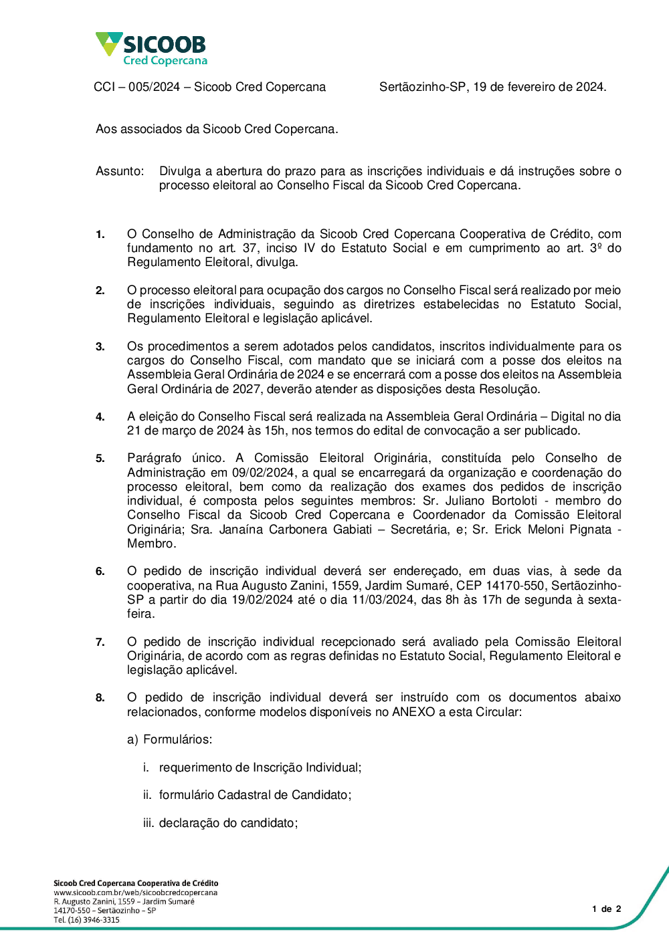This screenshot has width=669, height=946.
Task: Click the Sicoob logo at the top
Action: (x=152, y=49)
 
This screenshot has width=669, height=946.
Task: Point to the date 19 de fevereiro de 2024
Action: (x=539, y=87)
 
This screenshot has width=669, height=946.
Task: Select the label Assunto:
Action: (x=120, y=171)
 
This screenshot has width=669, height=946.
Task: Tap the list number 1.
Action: (x=100, y=235)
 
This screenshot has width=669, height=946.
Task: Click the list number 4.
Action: (x=100, y=417)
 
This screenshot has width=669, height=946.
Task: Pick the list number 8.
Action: (x=100, y=698)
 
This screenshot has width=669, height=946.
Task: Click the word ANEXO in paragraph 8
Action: (x=413, y=712)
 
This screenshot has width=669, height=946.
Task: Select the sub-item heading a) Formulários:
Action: (x=169, y=739)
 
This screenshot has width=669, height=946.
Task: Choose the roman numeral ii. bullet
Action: (x=147, y=795)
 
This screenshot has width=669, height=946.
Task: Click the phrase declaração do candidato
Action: (x=227, y=823)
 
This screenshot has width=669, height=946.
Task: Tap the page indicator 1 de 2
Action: (x=607, y=909)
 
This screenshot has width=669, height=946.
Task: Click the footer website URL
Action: (x=135, y=893)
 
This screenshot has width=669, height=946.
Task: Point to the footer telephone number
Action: (x=86, y=920)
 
